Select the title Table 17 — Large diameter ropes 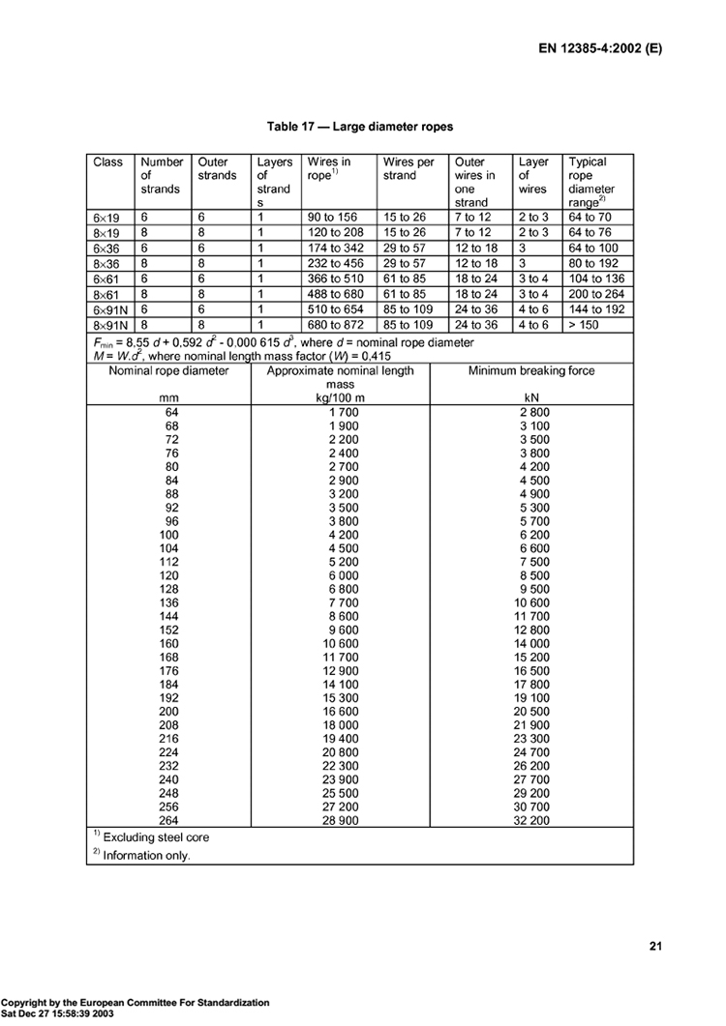(360, 127)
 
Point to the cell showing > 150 (586, 325)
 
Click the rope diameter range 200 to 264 (597, 294)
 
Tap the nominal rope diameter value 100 (169, 534)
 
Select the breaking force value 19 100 (530, 696)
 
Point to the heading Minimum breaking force (530, 370)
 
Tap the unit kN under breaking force (530, 397)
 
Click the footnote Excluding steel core (156, 837)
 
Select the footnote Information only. (147, 855)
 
